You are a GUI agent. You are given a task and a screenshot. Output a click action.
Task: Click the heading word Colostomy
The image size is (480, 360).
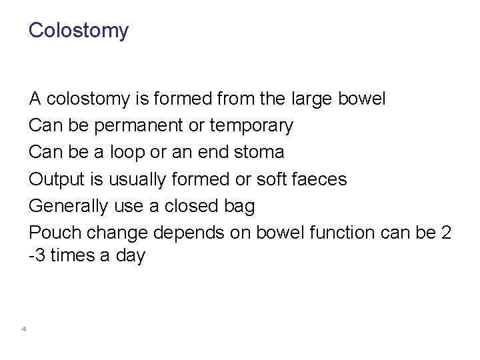click(79, 31)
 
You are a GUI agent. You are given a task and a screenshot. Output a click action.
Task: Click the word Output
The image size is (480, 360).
click(58, 179)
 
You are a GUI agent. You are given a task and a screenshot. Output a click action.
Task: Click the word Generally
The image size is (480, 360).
click(68, 207)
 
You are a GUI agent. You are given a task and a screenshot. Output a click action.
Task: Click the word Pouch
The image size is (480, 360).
click(57, 233)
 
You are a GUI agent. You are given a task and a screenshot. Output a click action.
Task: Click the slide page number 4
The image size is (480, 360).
click(23, 328)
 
